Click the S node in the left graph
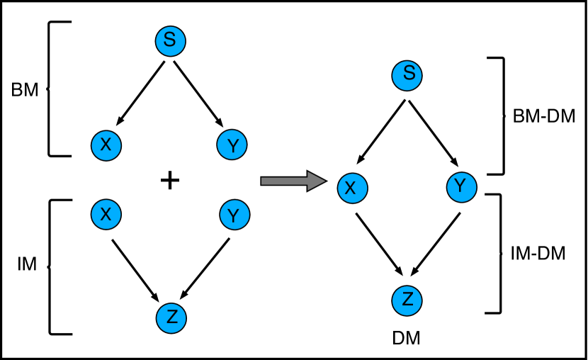tap(171, 41)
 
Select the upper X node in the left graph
tap(106, 145)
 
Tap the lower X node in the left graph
tap(106, 214)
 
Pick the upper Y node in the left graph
tap(232, 145)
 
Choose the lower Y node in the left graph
tap(234, 215)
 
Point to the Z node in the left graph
tap(171, 318)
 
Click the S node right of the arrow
tap(407, 76)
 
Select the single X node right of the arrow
tap(353, 189)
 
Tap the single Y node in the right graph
tap(462, 187)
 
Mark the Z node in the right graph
tap(407, 300)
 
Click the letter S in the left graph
tap(169, 40)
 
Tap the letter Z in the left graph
tap(172, 317)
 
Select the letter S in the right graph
tap(409, 73)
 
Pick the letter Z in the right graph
tap(407, 299)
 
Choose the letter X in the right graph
tap(350, 189)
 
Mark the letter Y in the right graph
tap(460, 186)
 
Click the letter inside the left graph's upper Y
tap(233, 147)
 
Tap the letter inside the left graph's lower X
tap(106, 214)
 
